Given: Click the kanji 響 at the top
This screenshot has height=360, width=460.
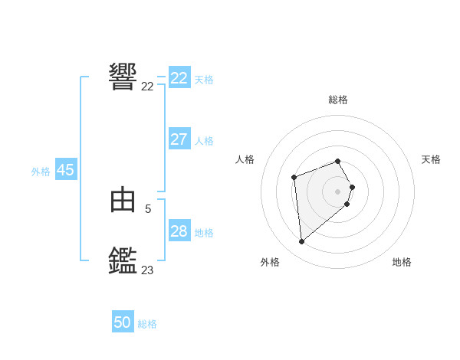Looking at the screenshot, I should pos(123,77).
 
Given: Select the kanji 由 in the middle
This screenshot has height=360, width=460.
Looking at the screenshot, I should pos(123,201).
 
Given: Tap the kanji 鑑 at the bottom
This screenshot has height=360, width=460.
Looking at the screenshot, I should pos(123,260).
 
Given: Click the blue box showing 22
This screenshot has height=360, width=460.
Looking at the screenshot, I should pos(179,78).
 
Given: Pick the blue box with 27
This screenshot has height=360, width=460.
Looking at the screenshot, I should pos(179,139).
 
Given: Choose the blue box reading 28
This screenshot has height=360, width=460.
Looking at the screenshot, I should pos(179,231).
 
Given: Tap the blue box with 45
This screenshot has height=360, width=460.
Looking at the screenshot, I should pos(65,170).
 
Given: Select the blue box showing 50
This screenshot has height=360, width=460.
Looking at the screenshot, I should pos(123,322).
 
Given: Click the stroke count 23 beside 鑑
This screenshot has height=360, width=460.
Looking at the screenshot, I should pos(147,270).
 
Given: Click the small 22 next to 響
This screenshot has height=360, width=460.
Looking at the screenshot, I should pos(147,87).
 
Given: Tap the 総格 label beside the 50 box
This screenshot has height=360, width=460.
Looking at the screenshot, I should pos(147,324).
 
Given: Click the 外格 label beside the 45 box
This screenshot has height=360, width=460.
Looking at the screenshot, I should pos(41,172).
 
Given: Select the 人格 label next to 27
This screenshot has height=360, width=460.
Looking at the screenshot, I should pos(204,141).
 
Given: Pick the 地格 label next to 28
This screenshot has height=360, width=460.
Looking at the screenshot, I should pos(204,233).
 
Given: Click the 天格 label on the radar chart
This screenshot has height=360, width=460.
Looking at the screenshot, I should pos(431,159).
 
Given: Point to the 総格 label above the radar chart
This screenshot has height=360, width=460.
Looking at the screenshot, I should pos(338,100).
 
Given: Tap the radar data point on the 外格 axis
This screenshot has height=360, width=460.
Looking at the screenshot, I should pos(302,242).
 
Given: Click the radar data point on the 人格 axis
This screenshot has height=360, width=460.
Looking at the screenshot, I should pos(294,178).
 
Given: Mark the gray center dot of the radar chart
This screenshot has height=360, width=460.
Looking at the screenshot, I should pos(338,191).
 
